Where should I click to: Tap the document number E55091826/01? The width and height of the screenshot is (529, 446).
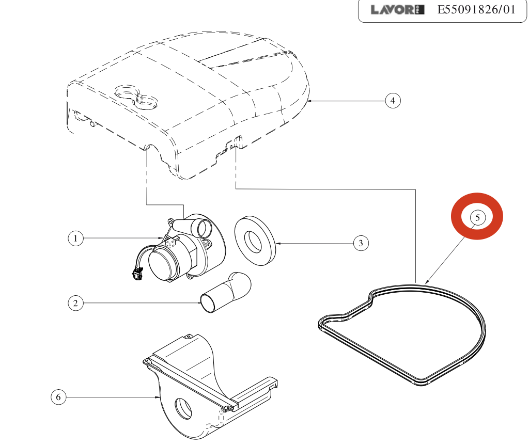pos(476,10)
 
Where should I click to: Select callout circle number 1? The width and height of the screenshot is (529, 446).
pos(75,238)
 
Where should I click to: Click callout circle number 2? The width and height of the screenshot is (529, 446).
pos(75,302)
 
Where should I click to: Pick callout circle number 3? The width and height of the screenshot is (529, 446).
pos(361,243)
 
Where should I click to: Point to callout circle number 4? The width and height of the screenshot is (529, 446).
pos(393,100)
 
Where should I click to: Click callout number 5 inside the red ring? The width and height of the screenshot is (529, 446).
pos(477,218)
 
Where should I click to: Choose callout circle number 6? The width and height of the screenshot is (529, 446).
pos(58,397)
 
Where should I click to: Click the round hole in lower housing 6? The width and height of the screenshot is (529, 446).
pos(183,407)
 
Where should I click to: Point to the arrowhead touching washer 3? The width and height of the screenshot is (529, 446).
pos(278,243)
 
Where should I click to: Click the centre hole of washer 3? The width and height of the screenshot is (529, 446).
pos(254,241)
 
